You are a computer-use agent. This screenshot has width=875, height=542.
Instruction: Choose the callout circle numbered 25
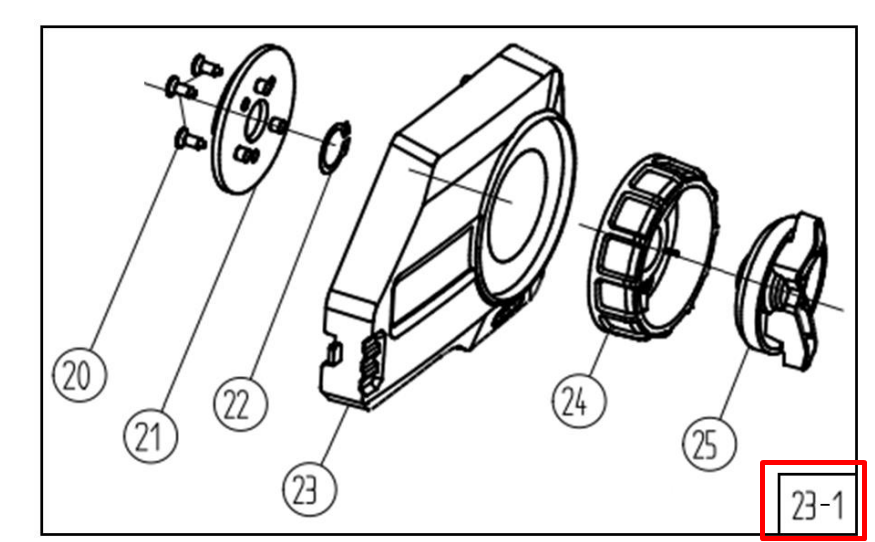[x=706, y=441]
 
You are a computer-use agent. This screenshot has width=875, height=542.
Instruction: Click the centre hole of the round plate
[x=252, y=122]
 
